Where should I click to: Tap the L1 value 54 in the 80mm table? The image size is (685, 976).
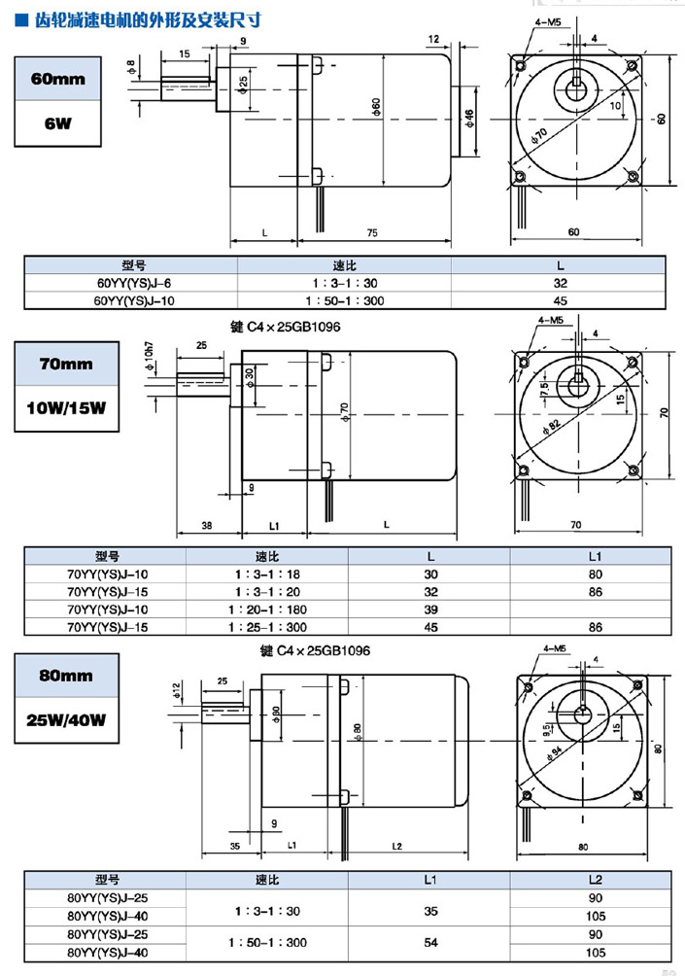[430, 942]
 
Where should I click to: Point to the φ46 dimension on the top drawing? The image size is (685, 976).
[470, 118]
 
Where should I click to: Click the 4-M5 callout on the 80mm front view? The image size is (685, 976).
[555, 647]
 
